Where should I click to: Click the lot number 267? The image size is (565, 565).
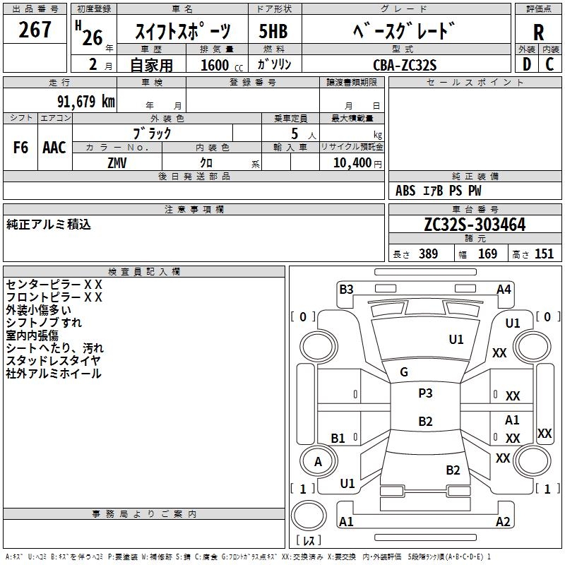click(35, 30)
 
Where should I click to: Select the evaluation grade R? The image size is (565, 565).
click(538, 33)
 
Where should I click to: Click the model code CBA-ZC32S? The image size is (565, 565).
click(405, 64)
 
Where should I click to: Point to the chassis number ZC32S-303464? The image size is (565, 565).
click(475, 225)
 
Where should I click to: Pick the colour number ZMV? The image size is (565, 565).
click(117, 162)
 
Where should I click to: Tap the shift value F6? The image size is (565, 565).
click(20, 148)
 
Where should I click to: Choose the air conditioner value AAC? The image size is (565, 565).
click(54, 148)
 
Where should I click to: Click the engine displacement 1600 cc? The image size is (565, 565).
click(217, 65)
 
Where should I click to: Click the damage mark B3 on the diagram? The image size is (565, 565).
click(346, 289)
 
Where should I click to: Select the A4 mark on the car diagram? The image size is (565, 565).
click(504, 289)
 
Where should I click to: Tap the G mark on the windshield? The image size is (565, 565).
click(404, 372)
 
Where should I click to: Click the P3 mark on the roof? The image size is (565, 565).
click(425, 393)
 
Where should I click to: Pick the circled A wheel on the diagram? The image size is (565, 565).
click(318, 461)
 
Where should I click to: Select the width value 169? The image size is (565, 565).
click(487, 254)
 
